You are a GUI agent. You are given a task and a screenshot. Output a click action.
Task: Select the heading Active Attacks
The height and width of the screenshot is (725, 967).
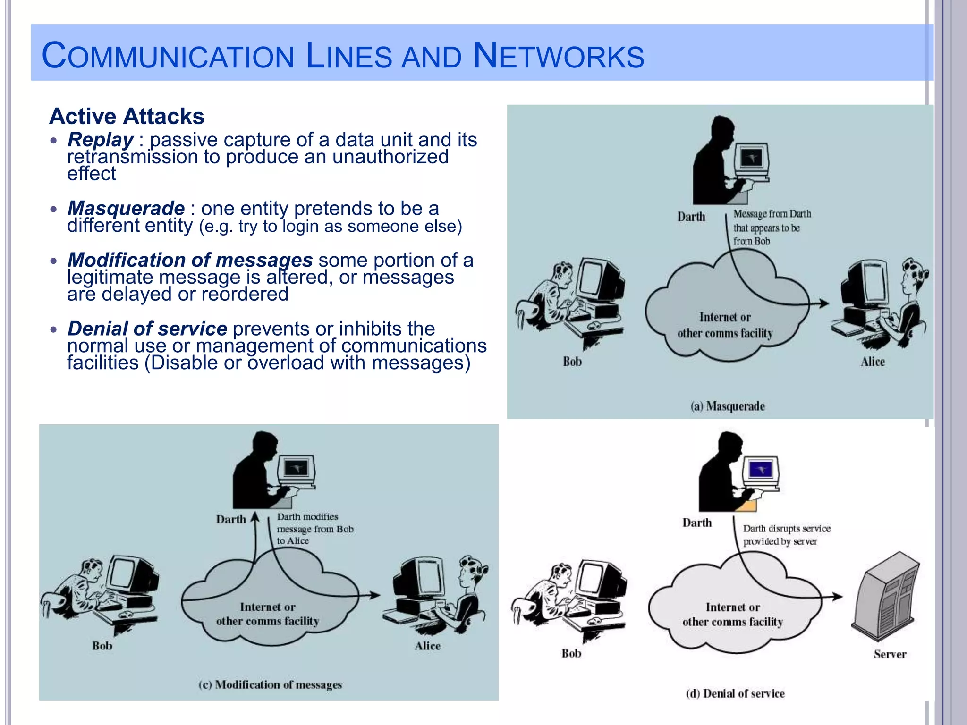(127, 116)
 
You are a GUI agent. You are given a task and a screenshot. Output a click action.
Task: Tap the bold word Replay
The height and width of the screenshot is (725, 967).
(101, 140)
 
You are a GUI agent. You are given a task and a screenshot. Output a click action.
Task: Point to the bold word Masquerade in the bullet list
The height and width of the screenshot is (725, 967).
(126, 208)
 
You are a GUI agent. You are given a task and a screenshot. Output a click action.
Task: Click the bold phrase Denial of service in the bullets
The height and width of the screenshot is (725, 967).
(147, 329)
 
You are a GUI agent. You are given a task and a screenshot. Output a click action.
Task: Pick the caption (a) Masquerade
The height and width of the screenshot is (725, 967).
(728, 406)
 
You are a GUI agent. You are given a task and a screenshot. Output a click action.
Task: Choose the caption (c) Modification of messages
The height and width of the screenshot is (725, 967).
(270, 684)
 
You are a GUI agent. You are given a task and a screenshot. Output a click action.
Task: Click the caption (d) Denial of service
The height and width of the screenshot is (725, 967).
(735, 693)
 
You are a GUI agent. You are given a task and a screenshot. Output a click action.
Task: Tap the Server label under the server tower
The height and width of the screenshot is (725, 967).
(890, 654)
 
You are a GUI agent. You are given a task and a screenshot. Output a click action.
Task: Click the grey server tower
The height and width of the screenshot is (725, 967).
(887, 597)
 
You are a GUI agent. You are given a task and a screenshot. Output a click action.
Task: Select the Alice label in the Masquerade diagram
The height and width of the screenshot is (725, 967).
(873, 362)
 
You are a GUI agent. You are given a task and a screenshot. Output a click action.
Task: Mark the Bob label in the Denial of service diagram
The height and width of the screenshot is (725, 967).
(571, 653)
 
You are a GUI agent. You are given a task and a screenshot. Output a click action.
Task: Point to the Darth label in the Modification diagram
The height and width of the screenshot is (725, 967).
(231, 519)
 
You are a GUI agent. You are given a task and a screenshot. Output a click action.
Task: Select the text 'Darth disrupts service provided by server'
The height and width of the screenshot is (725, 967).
(786, 535)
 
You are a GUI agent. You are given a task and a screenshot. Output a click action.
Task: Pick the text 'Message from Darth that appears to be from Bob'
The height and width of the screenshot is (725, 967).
(772, 228)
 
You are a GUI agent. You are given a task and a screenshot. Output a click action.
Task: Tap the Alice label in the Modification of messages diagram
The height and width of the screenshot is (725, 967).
(427, 646)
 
